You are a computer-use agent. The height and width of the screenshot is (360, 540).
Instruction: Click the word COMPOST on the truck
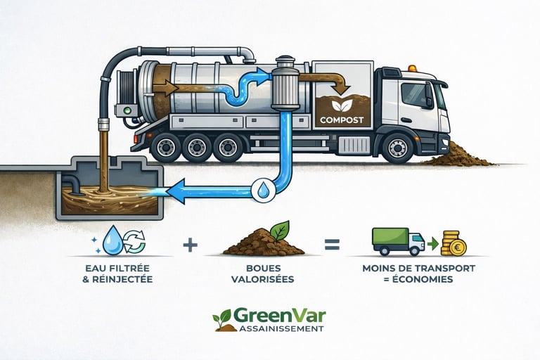[341, 120]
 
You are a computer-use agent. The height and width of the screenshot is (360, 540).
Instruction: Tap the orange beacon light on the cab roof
[411, 68]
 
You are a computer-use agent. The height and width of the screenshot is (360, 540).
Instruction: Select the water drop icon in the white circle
[261, 189]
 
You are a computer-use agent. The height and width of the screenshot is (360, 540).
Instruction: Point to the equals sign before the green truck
[332, 245]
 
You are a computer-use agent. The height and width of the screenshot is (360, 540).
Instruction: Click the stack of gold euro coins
[454, 243]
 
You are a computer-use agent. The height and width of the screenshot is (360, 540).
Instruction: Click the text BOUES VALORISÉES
[260, 274]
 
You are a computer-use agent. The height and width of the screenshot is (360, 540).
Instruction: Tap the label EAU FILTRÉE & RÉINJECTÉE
[122, 274]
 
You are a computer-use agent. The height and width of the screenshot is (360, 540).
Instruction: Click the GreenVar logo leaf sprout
[224, 319]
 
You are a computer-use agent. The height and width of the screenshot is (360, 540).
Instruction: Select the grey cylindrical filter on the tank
[285, 89]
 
